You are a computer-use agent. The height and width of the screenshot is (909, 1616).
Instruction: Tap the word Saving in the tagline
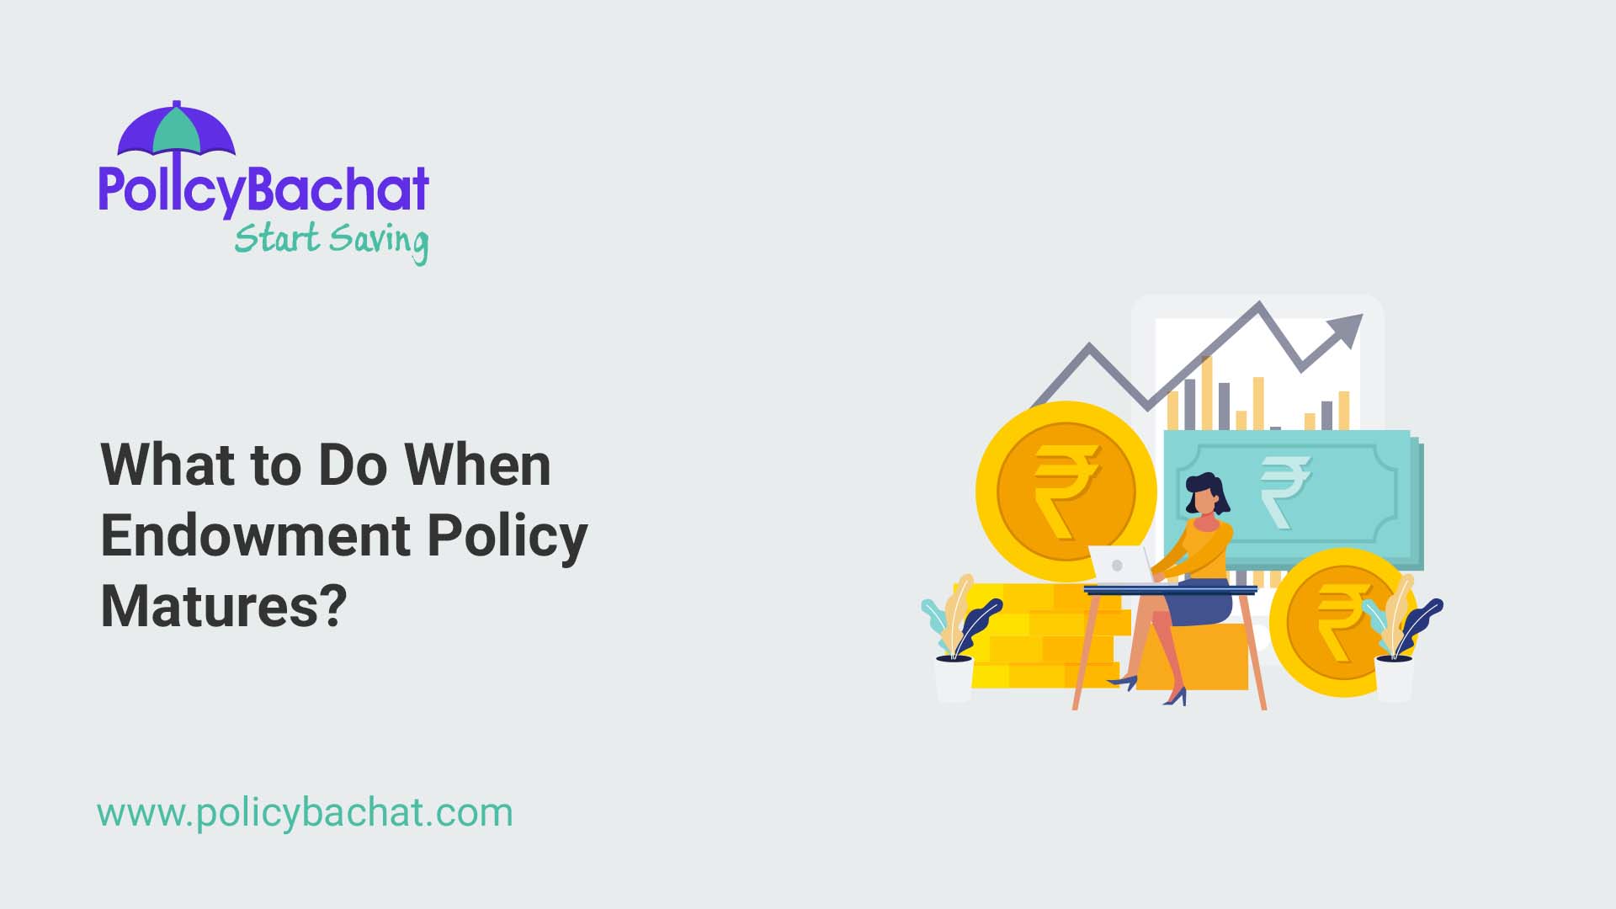[379, 241]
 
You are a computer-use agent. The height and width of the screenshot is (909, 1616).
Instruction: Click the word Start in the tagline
[277, 238]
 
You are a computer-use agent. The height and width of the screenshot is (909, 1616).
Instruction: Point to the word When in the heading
[477, 465]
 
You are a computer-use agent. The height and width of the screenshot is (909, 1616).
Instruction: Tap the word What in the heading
[166, 465]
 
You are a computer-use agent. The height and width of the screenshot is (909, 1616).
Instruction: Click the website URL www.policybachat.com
[305, 813]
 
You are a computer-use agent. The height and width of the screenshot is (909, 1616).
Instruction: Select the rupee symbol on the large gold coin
[1066, 491]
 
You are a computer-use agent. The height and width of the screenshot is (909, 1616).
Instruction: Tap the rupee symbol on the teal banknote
[1284, 491]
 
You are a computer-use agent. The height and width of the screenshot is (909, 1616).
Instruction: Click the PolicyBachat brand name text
[264, 189]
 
